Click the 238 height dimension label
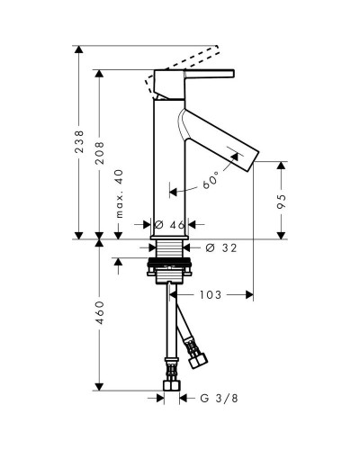click(79, 141)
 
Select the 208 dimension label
click(99, 153)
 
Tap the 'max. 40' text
click(119, 193)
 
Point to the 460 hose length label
click(99, 312)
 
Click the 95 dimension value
click(282, 202)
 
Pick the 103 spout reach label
click(211, 295)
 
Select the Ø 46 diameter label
click(169, 224)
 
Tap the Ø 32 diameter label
click(221, 247)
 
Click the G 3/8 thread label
click(219, 399)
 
